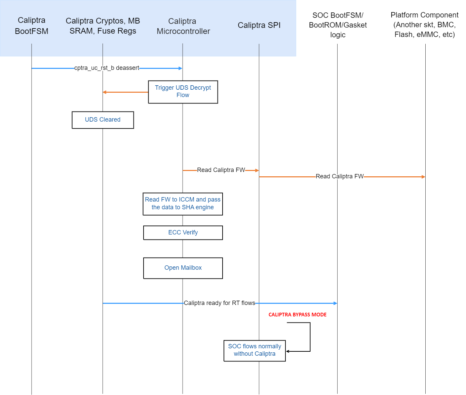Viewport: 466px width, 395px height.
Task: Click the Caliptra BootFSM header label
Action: click(32, 26)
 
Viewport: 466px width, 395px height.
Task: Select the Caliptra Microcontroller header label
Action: click(183, 26)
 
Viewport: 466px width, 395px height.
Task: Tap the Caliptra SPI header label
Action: click(259, 25)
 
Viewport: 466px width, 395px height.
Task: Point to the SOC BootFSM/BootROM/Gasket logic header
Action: click(338, 25)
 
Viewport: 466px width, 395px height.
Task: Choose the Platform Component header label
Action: click(424, 25)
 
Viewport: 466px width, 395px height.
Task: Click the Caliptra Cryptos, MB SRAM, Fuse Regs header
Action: click(103, 26)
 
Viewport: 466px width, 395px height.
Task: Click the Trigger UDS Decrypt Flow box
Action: click(183, 92)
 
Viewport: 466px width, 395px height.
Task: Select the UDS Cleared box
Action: click(103, 120)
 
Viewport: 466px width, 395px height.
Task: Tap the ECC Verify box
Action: click(183, 232)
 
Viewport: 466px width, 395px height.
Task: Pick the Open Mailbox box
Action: click(183, 268)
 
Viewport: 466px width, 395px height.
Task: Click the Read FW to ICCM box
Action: click(183, 204)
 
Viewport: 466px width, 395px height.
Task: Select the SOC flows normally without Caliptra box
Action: click(255, 350)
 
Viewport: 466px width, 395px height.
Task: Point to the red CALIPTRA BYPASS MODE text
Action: click(297, 315)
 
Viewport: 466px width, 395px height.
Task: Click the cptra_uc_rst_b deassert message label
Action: click(107, 68)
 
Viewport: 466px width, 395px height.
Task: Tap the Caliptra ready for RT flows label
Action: click(219, 303)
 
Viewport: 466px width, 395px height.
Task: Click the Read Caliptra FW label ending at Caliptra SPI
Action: click(221, 170)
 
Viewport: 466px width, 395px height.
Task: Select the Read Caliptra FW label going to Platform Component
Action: click(340, 176)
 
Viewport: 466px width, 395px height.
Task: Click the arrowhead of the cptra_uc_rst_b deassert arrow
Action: click(181, 68)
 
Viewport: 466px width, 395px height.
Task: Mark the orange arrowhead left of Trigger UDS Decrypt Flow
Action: click(105, 92)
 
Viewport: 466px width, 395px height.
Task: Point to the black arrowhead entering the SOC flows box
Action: click(288, 351)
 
